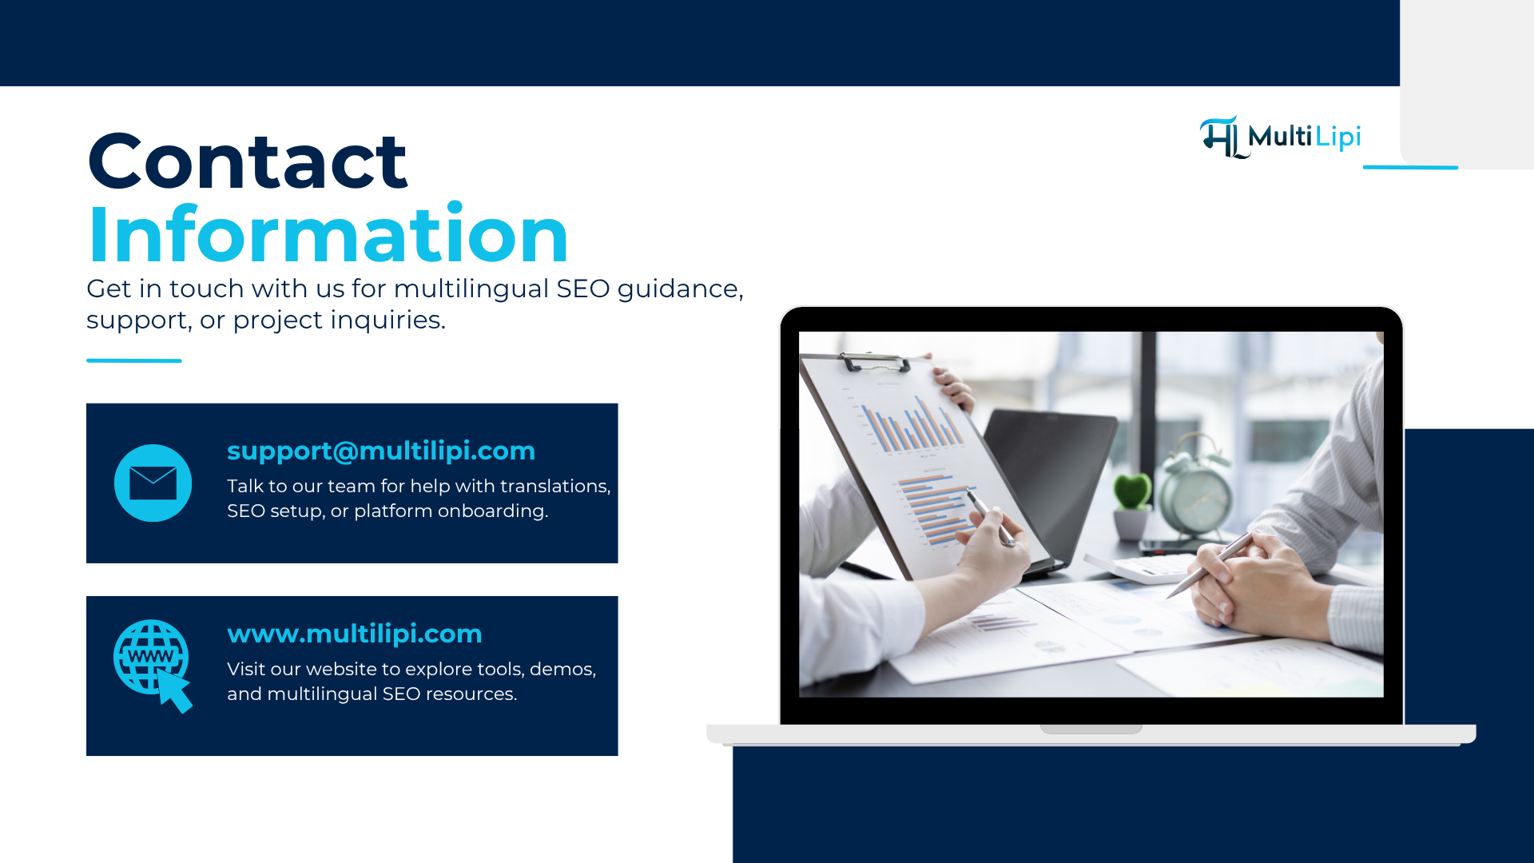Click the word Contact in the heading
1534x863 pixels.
248,162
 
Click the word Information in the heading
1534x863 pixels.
328,235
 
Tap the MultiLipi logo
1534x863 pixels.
1280,137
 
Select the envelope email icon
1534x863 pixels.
153,483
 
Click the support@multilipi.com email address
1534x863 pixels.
381,451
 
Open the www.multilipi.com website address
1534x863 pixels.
355,634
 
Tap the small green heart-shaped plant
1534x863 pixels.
1131,491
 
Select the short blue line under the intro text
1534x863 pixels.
134,360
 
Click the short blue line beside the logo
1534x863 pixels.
1410,167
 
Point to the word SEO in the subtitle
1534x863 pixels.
582,288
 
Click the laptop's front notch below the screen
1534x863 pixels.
1091,729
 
